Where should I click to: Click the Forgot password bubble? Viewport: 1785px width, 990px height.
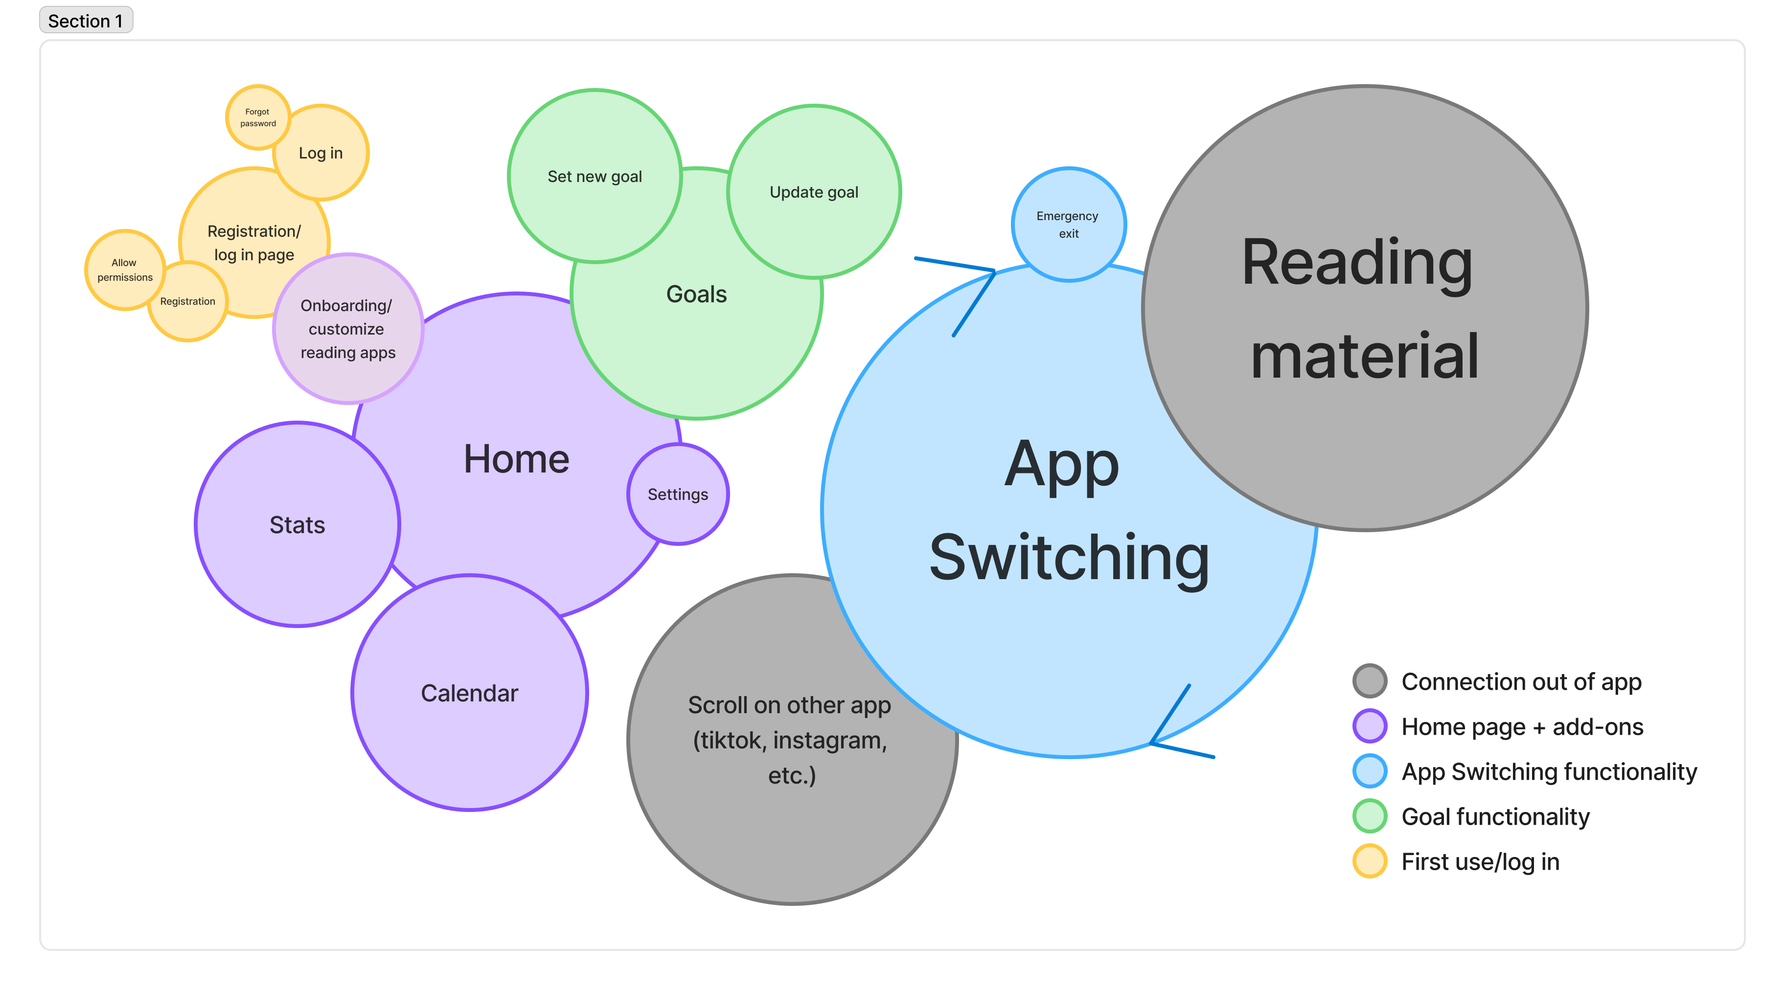(257, 117)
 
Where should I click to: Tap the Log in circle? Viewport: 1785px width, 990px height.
(321, 153)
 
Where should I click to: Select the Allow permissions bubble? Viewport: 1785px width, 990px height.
(125, 270)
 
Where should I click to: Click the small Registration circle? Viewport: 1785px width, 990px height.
(188, 301)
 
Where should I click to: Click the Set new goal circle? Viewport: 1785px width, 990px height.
(595, 176)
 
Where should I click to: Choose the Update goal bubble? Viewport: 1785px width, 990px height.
(814, 192)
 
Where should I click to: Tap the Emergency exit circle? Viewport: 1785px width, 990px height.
(1068, 225)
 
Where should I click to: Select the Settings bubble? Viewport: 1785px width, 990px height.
(678, 494)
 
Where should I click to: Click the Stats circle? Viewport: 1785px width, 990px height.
(297, 524)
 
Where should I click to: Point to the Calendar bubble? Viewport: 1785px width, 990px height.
(470, 693)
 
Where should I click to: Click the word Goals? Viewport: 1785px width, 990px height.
(696, 294)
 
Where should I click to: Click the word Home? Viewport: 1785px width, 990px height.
(516, 459)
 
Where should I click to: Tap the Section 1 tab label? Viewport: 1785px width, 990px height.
(85, 21)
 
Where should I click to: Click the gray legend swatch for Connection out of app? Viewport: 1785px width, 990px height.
(1369, 681)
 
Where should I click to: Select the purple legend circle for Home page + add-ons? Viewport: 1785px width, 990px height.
(1369, 726)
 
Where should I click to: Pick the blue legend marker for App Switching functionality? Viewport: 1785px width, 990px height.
(1369, 771)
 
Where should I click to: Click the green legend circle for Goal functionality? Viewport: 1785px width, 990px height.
(1369, 816)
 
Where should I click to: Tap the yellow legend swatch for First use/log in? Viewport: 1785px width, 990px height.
(1369, 861)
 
